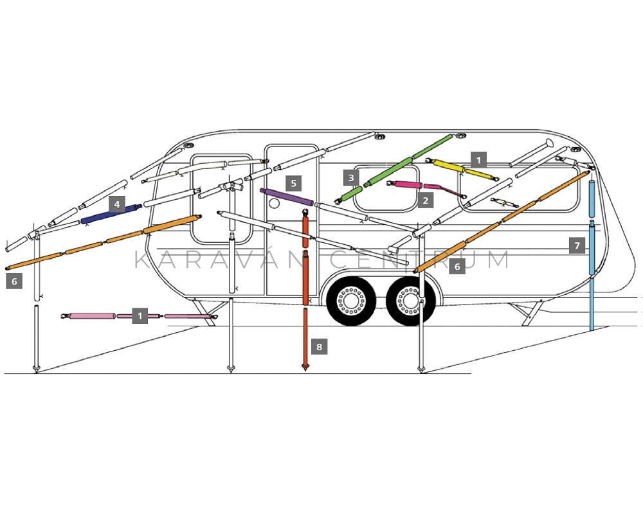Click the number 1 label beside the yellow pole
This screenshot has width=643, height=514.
(478, 160)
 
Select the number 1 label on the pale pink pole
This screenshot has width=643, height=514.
(140, 316)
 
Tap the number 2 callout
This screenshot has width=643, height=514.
(426, 200)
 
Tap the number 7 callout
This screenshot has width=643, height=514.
(577, 245)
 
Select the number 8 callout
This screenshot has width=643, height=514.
(319, 347)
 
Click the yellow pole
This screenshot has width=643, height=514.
(462, 169)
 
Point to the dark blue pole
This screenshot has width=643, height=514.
(111, 214)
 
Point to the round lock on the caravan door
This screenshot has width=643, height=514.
(275, 203)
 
